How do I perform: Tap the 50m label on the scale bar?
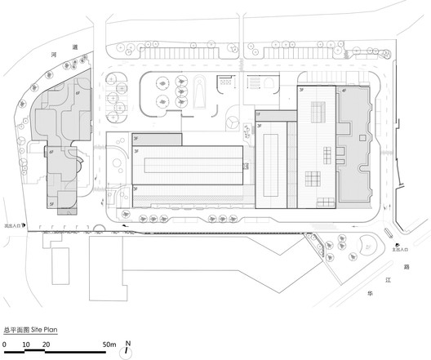click(109, 345)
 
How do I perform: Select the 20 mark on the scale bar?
click(47, 345)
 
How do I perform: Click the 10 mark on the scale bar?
click(26, 345)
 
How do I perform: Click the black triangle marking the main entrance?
click(396, 246)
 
